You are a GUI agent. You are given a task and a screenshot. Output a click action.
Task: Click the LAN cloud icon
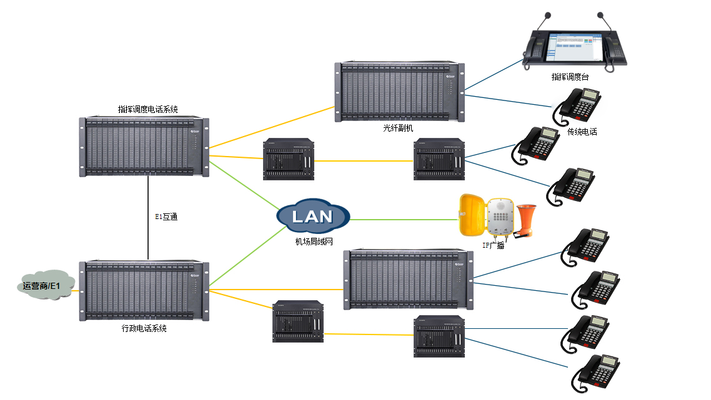pyautogui.click(x=313, y=216)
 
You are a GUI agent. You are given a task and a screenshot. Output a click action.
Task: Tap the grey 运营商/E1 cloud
pyautogui.click(x=43, y=286)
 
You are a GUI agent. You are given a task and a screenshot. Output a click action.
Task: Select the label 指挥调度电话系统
pyautogui.click(x=148, y=109)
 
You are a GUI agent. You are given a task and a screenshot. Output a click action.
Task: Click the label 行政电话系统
pyautogui.click(x=144, y=328)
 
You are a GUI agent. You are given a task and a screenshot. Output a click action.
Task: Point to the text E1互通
pyautogui.click(x=167, y=217)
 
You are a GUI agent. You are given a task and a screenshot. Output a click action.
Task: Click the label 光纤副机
pyautogui.click(x=399, y=128)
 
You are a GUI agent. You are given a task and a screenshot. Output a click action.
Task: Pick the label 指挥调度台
pyautogui.click(x=570, y=77)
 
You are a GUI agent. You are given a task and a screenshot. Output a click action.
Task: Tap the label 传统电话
pyautogui.click(x=582, y=132)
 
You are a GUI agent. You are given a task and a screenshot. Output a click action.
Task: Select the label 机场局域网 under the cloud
pyautogui.click(x=313, y=240)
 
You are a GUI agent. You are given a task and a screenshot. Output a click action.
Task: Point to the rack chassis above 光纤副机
pyautogui.click(x=400, y=91)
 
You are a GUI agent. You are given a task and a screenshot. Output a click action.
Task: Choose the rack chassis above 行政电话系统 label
pyautogui.click(x=144, y=291)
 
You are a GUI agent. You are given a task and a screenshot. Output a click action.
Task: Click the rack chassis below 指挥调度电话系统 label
pyautogui.click(x=144, y=145)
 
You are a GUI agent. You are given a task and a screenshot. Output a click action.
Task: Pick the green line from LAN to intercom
pyautogui.click(x=403, y=220)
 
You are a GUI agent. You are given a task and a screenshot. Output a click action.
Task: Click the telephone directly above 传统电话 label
pyautogui.click(x=577, y=106)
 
